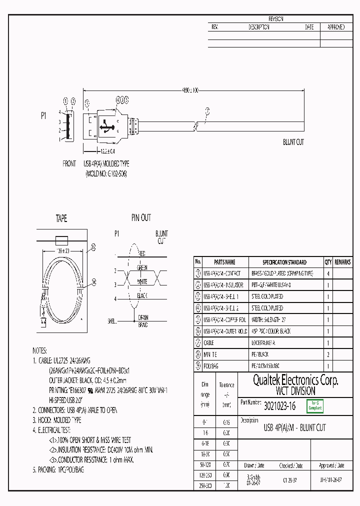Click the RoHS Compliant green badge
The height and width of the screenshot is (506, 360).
pos(314,406)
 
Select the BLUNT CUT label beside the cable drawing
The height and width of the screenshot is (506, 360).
pos(293,142)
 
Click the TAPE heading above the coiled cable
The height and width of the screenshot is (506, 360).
pos(61,218)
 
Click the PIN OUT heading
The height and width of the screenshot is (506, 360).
pos(141,218)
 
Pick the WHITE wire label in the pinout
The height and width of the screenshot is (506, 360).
pos(142,282)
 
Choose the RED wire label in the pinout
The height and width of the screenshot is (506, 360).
pos(141,253)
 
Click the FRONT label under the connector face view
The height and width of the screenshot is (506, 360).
pos(69,163)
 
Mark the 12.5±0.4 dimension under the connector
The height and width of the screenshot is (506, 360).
pos(106,151)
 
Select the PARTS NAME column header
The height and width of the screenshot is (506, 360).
pos(224,262)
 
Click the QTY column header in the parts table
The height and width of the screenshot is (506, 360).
pos(328,262)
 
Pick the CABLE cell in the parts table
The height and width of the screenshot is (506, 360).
pos(209,343)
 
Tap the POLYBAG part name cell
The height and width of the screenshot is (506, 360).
pos(211,366)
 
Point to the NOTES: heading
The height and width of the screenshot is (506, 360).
pos(39,350)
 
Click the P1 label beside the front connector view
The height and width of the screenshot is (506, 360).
pos(43,115)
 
